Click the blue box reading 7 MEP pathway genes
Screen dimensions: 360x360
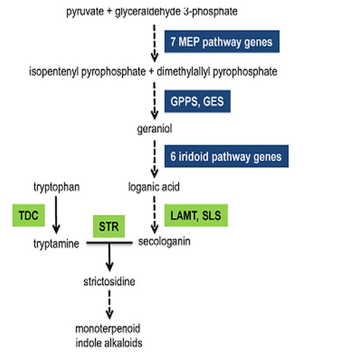[222, 41]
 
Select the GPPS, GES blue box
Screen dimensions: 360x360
[198, 101]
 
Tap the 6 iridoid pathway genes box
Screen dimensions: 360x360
[226, 156]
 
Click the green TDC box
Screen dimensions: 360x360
[29, 215]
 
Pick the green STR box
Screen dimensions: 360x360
[109, 226]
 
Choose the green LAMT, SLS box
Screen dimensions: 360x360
[196, 215]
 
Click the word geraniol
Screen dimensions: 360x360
[154, 129]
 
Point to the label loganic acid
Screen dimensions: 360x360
[154, 187]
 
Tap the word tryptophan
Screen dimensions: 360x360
[57, 187]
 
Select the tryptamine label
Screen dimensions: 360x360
[56, 244]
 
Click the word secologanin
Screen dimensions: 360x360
[164, 242]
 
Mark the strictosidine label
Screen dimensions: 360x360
[109, 281]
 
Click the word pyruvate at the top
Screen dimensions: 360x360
[85, 12]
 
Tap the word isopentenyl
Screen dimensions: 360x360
[54, 71]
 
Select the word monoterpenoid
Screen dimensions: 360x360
[108, 329]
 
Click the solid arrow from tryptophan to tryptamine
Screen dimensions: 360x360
[56, 215]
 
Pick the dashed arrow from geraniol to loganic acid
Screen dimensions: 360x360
[154, 159]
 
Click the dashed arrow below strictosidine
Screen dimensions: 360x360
[109, 304]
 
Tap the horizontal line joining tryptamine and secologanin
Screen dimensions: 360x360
[109, 243]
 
